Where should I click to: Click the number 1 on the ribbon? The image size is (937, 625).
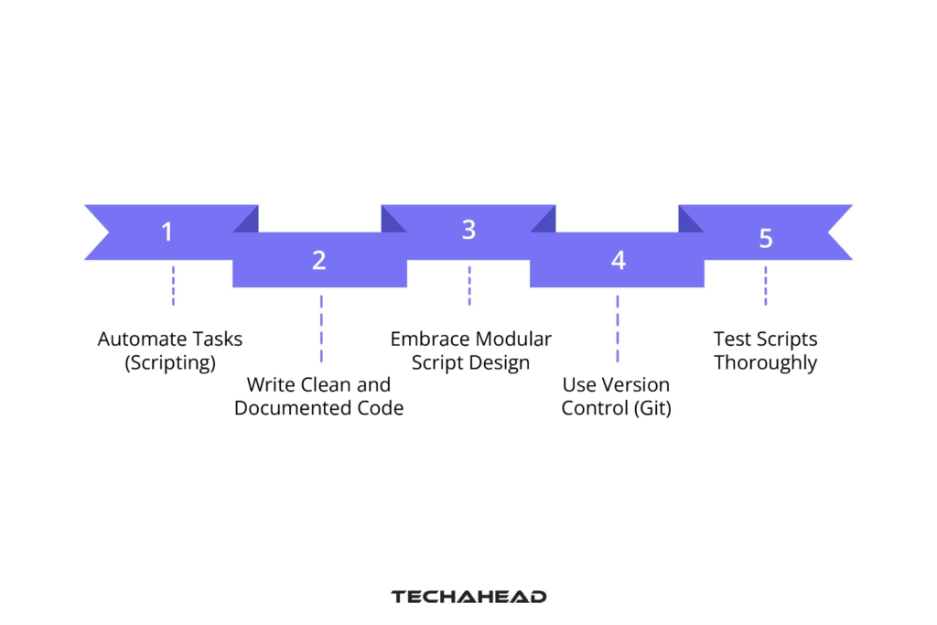pos(167,232)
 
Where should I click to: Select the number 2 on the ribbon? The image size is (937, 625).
pos(318,261)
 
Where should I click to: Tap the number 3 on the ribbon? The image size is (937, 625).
pos(468,231)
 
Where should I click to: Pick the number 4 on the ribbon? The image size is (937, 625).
pos(619,261)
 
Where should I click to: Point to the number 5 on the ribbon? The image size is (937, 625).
pos(766,239)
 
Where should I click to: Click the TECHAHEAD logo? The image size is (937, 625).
pos(468,597)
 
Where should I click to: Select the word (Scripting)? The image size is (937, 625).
pos(170,362)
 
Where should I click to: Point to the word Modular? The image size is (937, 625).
pos(513,339)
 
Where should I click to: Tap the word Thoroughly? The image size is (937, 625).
pos(765,362)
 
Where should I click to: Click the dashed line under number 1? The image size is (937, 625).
pos(173,286)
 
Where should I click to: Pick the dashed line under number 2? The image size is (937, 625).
pos(321,328)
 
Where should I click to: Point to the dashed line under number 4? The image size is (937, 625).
pos(618,328)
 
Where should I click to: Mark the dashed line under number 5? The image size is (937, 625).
pos(766,286)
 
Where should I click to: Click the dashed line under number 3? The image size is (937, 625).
pos(469,286)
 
